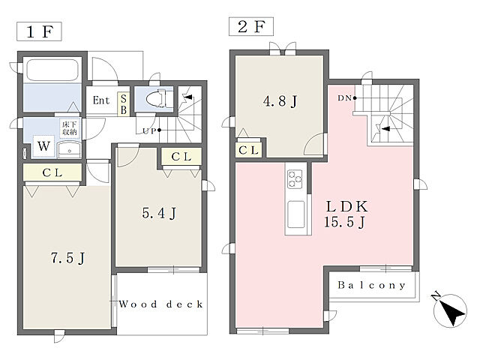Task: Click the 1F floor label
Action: (x=39, y=31)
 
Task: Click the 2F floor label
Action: (x=251, y=27)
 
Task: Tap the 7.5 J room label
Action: (x=67, y=258)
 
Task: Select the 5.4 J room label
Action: (x=159, y=213)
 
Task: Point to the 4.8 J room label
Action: (x=280, y=101)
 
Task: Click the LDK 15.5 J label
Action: (x=346, y=214)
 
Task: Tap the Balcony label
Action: (x=372, y=285)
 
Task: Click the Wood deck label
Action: (x=161, y=304)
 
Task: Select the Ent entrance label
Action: (x=101, y=100)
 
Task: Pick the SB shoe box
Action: (x=124, y=104)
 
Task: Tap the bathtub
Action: (x=52, y=70)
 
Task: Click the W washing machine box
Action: (x=43, y=146)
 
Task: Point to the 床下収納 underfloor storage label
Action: (x=70, y=128)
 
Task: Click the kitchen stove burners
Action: (x=295, y=179)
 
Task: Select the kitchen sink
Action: (x=296, y=214)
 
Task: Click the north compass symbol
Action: (x=450, y=310)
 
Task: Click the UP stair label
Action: (x=150, y=130)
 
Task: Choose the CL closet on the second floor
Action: (x=248, y=150)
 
